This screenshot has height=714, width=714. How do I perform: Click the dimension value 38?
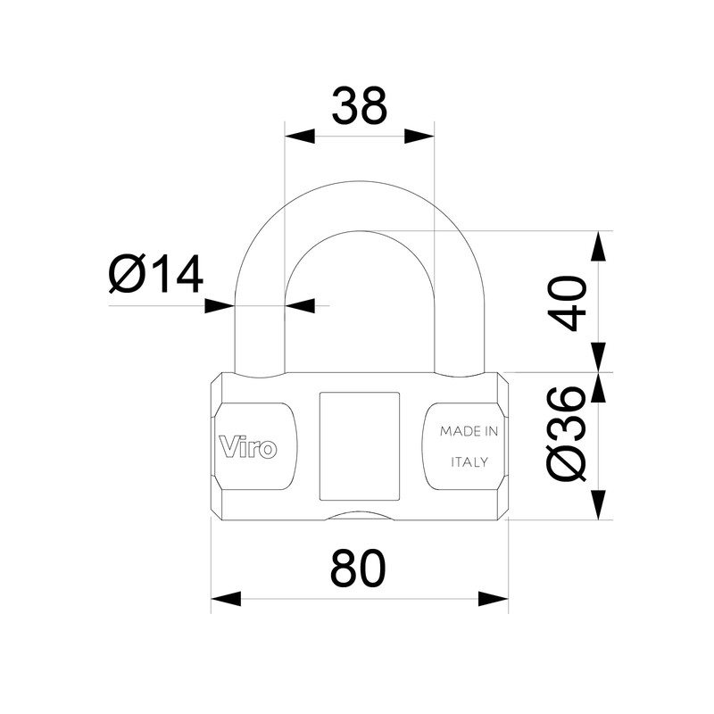pos(360,105)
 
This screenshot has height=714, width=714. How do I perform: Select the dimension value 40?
pos(570,303)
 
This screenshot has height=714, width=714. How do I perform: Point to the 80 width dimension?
pos(359,568)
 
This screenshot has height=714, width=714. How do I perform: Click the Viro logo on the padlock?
pos(247,445)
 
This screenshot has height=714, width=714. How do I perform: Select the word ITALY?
pos(469,462)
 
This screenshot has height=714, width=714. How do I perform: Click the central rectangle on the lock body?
pos(359,445)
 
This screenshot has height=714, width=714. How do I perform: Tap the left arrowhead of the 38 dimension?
pos(299,137)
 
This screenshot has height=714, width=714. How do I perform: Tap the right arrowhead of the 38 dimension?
pos(419,137)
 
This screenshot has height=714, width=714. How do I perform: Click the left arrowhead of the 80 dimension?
pos(226,597)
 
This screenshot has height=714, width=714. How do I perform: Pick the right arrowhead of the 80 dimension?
pos(493,597)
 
